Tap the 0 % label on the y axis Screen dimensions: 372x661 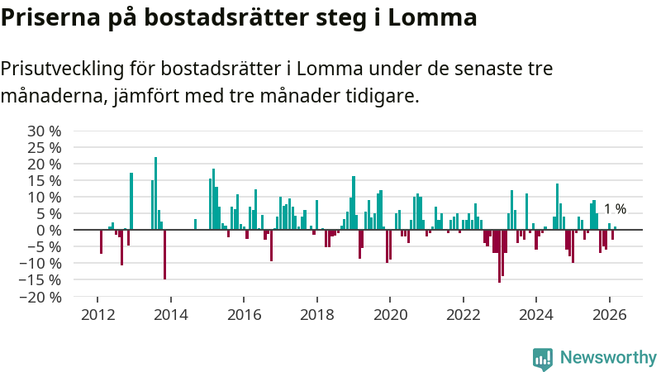[x=49, y=230]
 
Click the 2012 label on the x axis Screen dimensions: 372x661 [x=97, y=314]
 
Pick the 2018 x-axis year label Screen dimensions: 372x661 [x=316, y=314]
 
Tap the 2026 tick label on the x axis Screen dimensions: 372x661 [x=609, y=314]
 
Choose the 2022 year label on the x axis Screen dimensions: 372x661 [x=463, y=314]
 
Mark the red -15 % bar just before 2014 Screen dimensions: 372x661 [x=164, y=255]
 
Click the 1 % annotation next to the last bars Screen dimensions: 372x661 [x=615, y=210]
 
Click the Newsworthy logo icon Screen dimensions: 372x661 [x=543, y=357]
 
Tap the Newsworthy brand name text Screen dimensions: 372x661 [x=608, y=357]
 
